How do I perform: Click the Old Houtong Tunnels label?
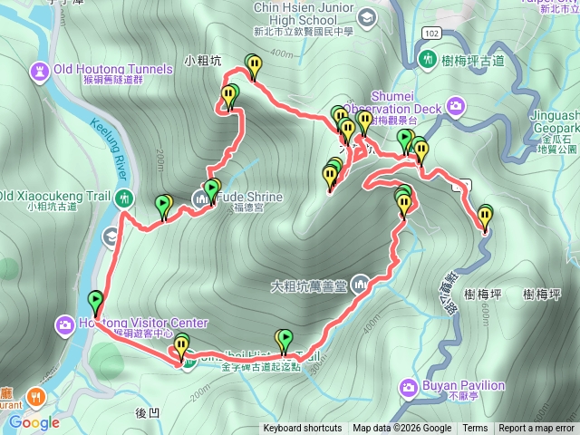pos(113,69)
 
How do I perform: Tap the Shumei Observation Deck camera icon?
pos(455,109)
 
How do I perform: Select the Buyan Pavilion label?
pos(463,385)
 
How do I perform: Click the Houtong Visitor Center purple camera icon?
pos(65,324)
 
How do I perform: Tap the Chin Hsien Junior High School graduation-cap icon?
pos(366,17)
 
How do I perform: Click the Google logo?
pos(34,421)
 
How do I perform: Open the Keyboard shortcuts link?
pos(303,429)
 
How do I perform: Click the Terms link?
pos(475,429)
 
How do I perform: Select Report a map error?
pos(536,429)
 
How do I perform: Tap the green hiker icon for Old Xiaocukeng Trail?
pos(124,197)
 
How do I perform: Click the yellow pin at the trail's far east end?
pos(485,217)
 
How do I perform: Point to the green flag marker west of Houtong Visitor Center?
pos(95,300)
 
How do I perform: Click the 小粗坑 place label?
pos(201,62)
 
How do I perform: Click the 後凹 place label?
pos(147,412)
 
